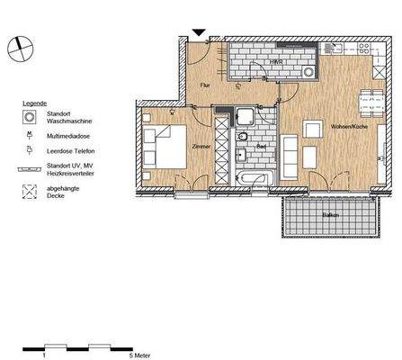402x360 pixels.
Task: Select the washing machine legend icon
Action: pos(30,118)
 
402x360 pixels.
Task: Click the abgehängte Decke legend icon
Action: pos(30,191)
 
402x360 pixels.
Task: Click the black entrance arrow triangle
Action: pos(200,33)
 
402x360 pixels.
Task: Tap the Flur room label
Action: pos(205,85)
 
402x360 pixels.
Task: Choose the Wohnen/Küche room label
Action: pos(345,126)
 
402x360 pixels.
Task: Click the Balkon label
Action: pos(330,213)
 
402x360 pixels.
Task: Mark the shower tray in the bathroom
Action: pos(245,115)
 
